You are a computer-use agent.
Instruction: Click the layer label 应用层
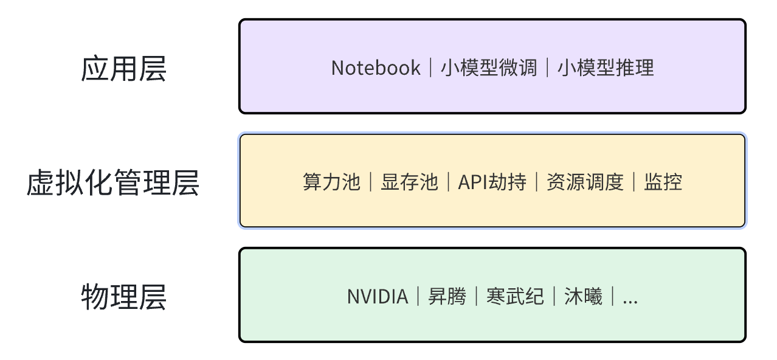click(123, 69)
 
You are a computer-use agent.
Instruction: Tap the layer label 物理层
click(123, 297)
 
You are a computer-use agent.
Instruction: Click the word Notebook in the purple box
click(376, 67)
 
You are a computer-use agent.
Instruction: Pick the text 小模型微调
click(489, 67)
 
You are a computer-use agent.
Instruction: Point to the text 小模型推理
click(606, 67)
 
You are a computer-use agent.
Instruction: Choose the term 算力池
click(331, 182)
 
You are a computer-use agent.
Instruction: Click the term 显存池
click(409, 182)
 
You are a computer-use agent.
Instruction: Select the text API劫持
click(492, 182)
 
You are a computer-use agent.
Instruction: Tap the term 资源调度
click(585, 182)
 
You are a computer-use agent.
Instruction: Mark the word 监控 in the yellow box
click(663, 182)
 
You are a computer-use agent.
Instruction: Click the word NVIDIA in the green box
click(377, 297)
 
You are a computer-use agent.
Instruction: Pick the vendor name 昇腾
click(447, 297)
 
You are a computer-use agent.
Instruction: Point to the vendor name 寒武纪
click(515, 297)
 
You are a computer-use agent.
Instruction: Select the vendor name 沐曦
click(583, 297)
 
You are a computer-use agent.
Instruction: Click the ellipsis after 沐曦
click(630, 298)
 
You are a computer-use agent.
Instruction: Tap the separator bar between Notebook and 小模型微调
click(431, 67)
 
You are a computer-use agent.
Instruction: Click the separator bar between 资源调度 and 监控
click(634, 182)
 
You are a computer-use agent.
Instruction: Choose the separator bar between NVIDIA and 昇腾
click(418, 297)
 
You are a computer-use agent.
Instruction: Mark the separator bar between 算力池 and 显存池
click(370, 182)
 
